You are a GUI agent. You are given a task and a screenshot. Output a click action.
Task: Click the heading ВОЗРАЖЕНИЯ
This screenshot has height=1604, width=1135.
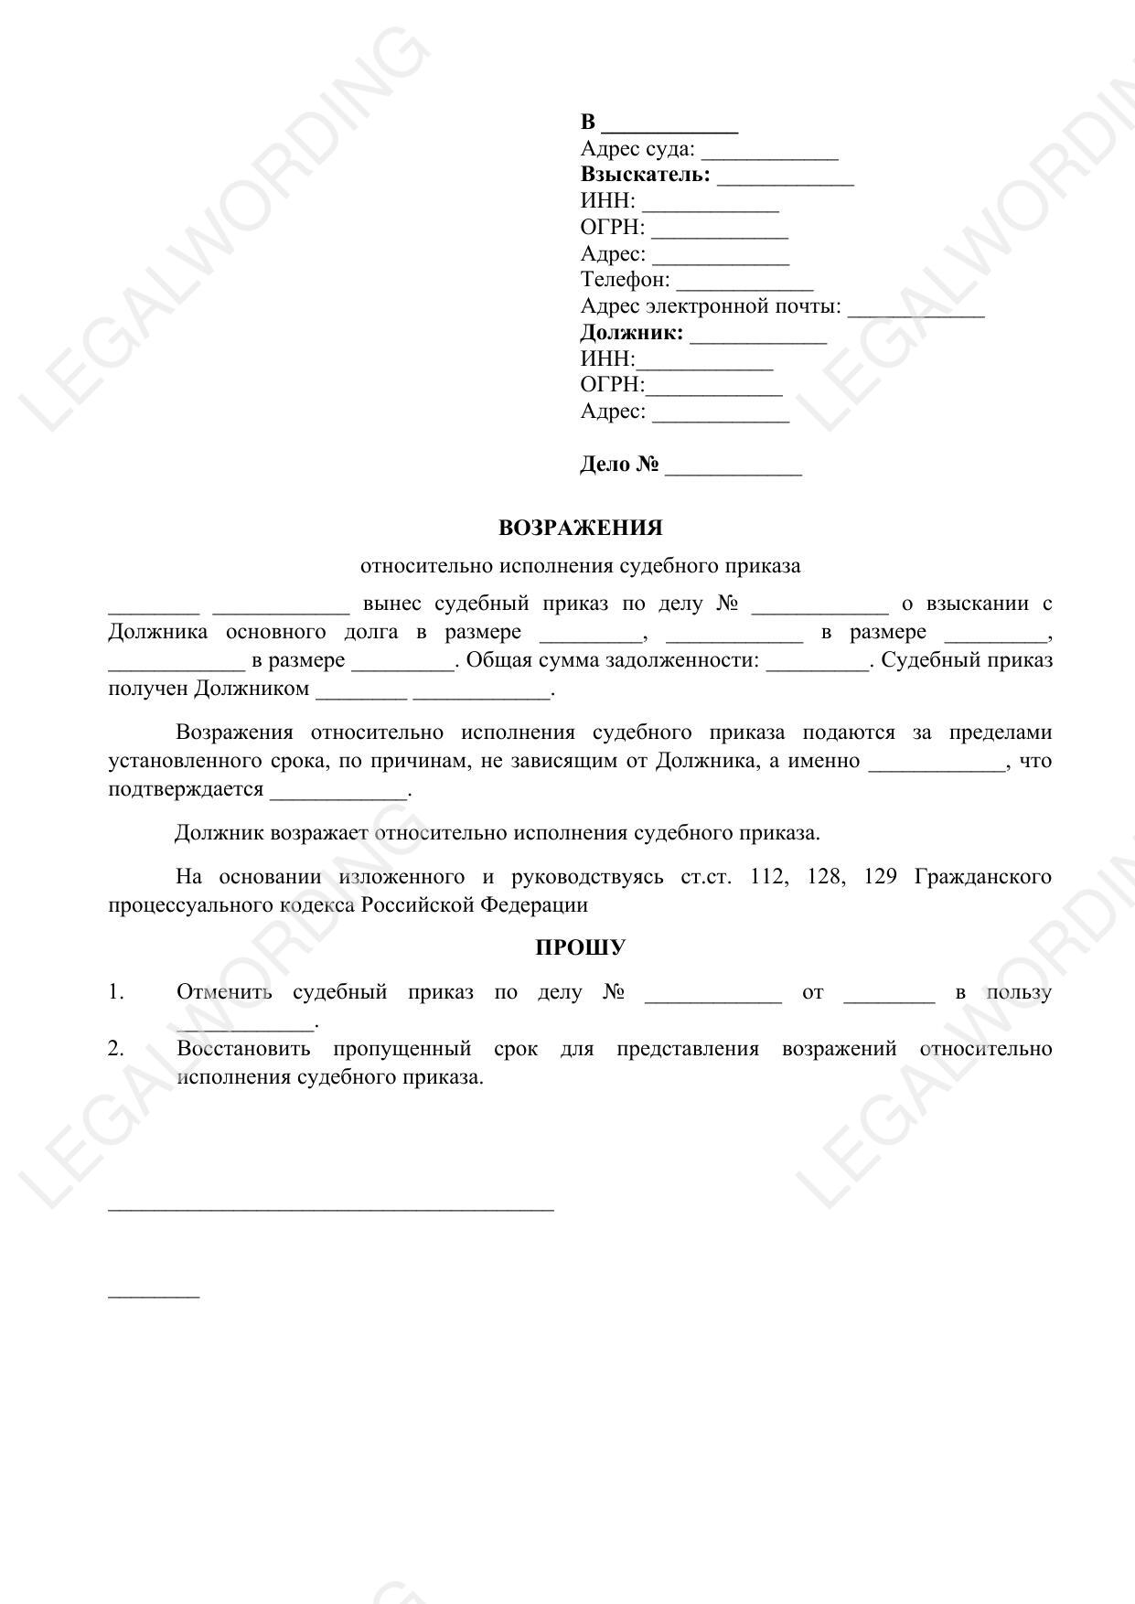(580, 528)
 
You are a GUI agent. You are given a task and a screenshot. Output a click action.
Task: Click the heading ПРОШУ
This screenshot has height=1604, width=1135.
(580, 947)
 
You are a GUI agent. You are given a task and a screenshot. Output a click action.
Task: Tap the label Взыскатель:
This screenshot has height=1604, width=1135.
(645, 175)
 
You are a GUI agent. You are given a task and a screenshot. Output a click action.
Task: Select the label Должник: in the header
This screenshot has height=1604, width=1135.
(631, 333)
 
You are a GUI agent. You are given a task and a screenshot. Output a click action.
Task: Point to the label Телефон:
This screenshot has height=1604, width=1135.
(625, 280)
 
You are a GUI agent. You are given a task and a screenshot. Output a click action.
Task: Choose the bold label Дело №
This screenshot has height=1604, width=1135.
(619, 465)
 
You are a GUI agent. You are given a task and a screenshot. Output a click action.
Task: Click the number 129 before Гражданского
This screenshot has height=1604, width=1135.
(879, 876)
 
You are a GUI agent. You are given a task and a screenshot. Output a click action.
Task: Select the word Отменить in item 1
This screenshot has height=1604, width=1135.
(224, 992)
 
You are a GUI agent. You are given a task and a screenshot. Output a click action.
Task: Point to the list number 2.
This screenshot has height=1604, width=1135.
(115, 1048)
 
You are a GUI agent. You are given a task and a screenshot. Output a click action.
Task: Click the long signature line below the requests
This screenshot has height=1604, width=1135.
(331, 1209)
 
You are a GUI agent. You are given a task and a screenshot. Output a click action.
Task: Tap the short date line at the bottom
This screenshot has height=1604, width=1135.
(154, 1295)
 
